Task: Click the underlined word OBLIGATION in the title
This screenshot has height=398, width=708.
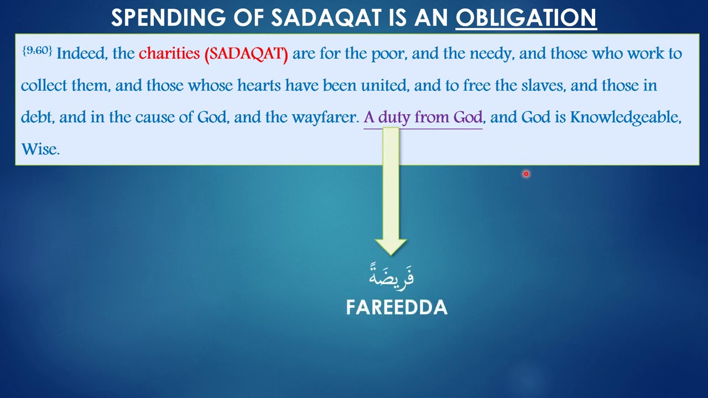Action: (525, 18)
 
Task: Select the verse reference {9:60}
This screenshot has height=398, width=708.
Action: (37, 51)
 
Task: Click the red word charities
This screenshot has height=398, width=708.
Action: (169, 54)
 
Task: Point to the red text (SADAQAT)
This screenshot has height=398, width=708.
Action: (246, 54)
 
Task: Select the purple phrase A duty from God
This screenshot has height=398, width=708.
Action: (423, 117)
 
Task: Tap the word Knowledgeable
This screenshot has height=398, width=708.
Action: (625, 117)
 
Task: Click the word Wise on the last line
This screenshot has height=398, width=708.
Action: (39, 149)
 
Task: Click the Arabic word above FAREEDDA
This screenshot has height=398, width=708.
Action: (392, 275)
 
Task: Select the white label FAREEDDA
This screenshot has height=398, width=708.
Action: (397, 307)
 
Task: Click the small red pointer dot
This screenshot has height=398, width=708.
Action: (526, 174)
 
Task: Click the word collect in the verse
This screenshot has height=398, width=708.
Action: (44, 86)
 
